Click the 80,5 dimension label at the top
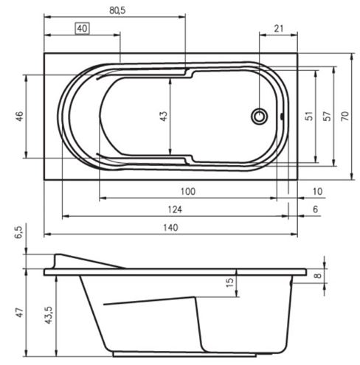117,10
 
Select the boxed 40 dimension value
82,29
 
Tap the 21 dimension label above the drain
279,29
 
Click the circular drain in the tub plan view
259,117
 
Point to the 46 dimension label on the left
19,116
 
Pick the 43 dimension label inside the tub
163,116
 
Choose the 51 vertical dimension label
309,116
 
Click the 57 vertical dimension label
327,116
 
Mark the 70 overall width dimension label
345,116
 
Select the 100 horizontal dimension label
188,191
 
